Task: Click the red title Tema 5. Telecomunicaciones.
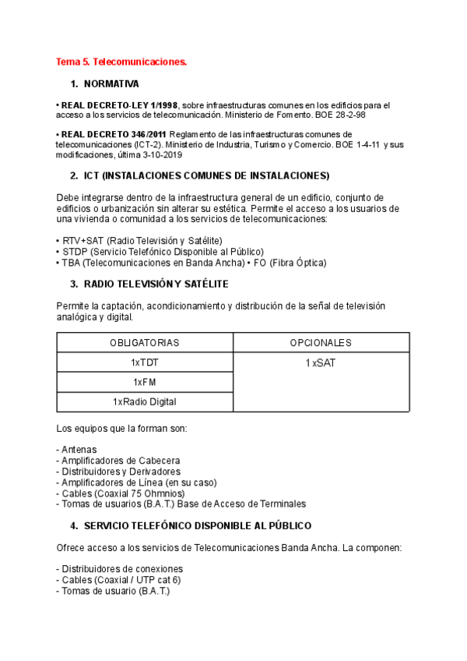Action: [x=121, y=61]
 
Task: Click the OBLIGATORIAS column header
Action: [x=145, y=342]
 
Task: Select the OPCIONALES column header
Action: [x=321, y=342]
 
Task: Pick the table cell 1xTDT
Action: [x=145, y=362]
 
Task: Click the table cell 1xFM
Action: [x=145, y=382]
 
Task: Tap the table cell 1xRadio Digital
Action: [x=145, y=401]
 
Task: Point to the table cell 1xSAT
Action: [x=321, y=362]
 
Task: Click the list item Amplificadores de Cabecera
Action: [x=121, y=460]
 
